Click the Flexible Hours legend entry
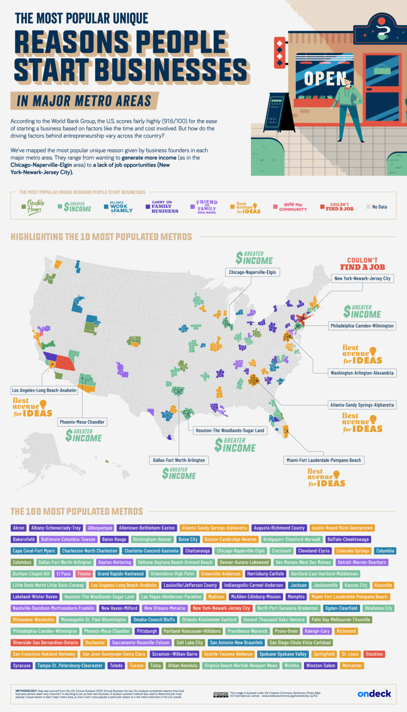coord(33,207)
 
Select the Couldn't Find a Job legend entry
coord(337,207)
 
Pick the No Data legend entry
coord(377,207)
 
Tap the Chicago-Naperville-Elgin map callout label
coord(252,272)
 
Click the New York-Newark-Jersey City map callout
coord(362,278)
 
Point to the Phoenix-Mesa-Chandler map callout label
coord(82,422)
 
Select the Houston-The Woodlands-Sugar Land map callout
coord(230,431)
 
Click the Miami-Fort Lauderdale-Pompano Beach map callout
coord(324,460)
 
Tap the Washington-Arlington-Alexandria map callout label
coord(362,373)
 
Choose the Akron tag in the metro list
coord(19,528)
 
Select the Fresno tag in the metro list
coord(84,574)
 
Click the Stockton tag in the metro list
coord(374,654)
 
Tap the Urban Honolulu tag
coord(183,666)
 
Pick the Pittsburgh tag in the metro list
coord(147,631)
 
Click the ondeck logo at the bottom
coord(374,693)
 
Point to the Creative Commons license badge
coord(221,694)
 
